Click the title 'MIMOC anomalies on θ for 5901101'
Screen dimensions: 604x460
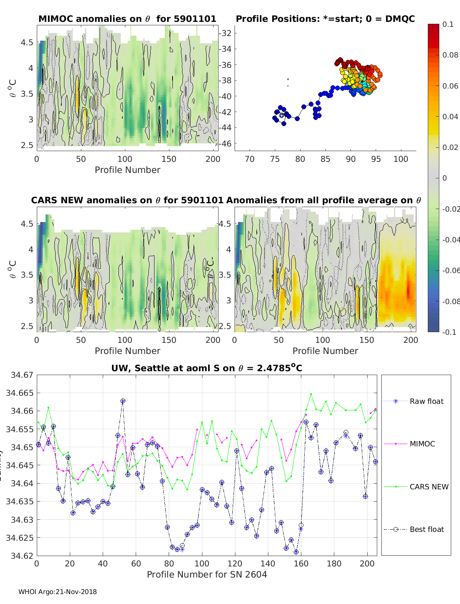(127, 19)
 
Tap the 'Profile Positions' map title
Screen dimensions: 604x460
(325, 19)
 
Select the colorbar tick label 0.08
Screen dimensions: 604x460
(450, 55)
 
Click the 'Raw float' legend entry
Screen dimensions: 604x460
(426, 401)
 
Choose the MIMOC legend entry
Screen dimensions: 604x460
(422, 444)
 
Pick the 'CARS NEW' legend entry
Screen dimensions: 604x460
(429, 487)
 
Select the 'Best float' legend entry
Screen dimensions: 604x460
(427, 529)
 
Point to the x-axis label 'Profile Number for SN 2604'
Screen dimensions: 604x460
(207, 574)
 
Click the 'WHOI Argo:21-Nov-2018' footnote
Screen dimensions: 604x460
(58, 592)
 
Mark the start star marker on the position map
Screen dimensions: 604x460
(282, 115)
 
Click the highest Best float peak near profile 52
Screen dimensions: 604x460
(123, 401)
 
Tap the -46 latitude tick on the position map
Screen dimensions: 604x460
(225, 143)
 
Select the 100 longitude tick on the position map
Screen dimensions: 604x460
(401, 159)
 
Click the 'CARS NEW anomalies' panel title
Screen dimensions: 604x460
(127, 200)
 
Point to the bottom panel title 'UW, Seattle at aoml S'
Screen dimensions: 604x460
(207, 368)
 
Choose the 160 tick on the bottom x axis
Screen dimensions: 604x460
(301, 563)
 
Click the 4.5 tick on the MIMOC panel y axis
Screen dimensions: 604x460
(27, 42)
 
